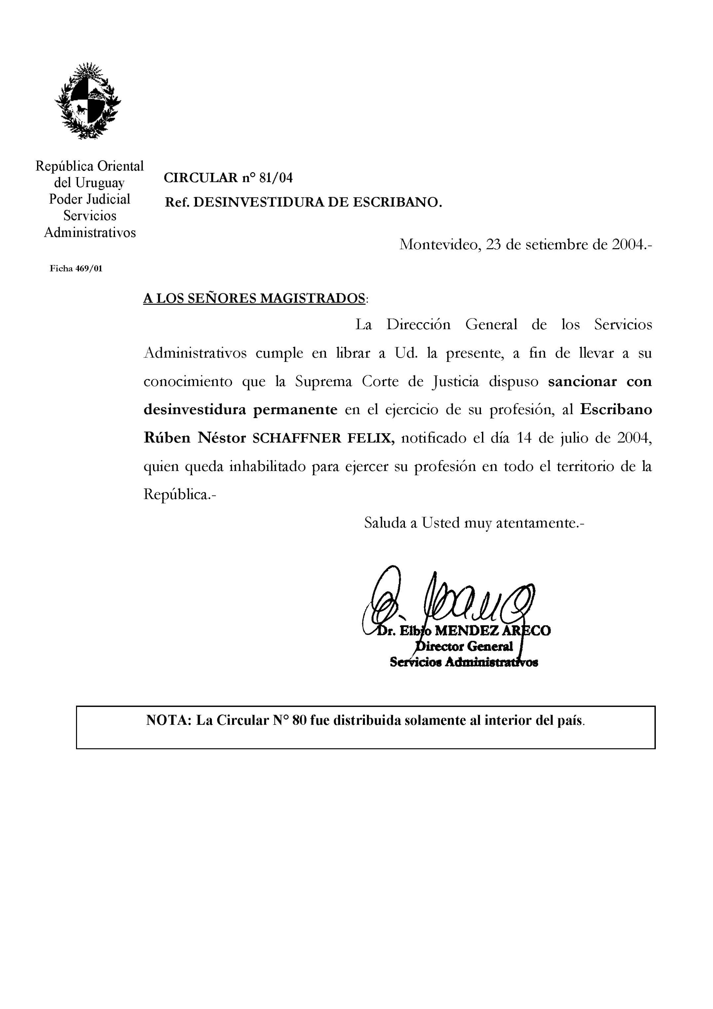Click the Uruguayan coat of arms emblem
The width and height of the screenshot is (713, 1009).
pyautogui.click(x=88, y=101)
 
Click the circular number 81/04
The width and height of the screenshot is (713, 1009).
pyautogui.click(x=275, y=178)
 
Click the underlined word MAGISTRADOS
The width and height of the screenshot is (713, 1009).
pyautogui.click(x=312, y=298)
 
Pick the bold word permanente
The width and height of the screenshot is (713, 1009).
pyautogui.click(x=295, y=410)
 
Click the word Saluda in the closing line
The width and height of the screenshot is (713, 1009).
pyautogui.click(x=385, y=523)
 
